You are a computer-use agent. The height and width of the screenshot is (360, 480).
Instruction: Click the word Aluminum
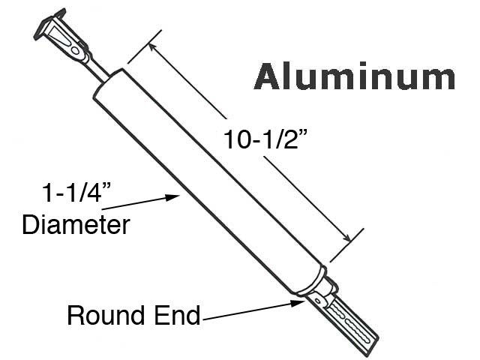pyautogui.click(x=355, y=76)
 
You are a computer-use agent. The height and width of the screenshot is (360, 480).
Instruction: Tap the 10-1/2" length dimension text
pyautogui.click(x=265, y=139)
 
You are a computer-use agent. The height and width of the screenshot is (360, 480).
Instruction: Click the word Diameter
pyautogui.click(x=76, y=225)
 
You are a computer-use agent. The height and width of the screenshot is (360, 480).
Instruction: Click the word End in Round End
pyautogui.click(x=178, y=315)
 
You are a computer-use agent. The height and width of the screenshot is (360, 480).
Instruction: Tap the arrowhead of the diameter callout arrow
pyautogui.click(x=172, y=197)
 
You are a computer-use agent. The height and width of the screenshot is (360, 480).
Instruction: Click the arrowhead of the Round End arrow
pyautogui.click(x=298, y=303)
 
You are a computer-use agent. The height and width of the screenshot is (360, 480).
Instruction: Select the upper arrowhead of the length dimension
pyautogui.click(x=153, y=48)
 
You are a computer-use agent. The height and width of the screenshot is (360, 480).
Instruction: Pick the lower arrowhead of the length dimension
pyautogui.click(x=346, y=237)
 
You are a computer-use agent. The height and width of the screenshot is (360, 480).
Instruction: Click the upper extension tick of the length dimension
pyautogui.click(x=145, y=46)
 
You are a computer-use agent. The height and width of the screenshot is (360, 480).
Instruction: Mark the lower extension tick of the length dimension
pyautogui.click(x=346, y=245)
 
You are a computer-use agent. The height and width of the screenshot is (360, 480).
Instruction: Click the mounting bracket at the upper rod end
pyautogui.click(x=61, y=36)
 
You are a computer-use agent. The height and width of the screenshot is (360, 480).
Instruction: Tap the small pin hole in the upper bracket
pyautogui.click(x=75, y=50)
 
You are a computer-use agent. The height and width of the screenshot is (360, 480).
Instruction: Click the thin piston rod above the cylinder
pyautogui.click(x=98, y=70)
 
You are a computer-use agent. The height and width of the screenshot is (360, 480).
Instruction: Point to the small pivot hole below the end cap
pyautogui.click(x=317, y=301)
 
